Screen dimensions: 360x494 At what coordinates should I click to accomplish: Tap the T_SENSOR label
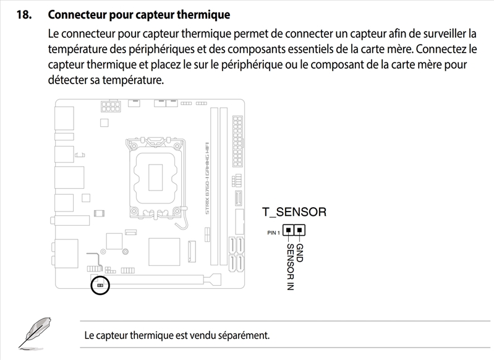pos(294,212)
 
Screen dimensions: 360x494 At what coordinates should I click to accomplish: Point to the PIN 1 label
pos(273,233)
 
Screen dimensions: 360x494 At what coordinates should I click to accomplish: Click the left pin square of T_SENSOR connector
pos(288,231)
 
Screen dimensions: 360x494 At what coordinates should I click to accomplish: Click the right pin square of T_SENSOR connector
pos(299,231)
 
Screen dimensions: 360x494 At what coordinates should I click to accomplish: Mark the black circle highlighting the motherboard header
pos(100,285)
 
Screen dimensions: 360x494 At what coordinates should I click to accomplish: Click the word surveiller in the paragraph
pos(437,32)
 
